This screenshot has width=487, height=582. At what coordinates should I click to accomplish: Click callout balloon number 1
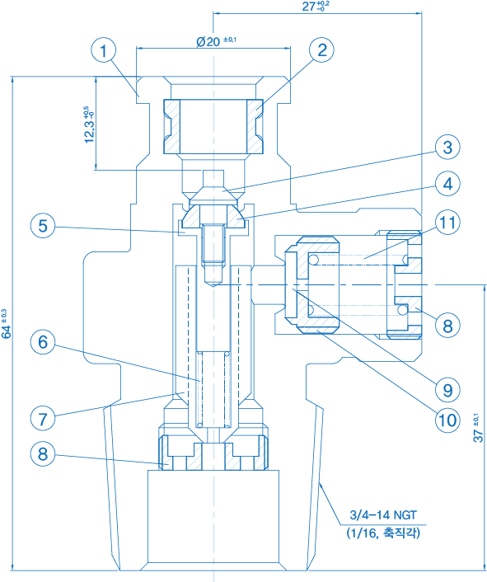(104, 50)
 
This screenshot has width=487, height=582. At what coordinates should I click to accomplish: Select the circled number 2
(321, 49)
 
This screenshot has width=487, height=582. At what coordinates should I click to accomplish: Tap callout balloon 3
(447, 147)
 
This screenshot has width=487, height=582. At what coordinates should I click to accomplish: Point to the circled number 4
(447, 183)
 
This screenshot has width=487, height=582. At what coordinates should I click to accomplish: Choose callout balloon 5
(43, 226)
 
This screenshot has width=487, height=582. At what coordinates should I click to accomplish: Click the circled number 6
(43, 341)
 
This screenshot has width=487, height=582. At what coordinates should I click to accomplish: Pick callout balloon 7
(43, 418)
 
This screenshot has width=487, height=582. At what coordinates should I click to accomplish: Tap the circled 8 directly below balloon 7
(43, 453)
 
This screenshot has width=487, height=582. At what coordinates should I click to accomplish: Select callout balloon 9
(447, 390)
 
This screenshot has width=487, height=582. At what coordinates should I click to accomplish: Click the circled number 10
(447, 420)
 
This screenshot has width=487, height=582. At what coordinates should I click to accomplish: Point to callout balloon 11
(447, 223)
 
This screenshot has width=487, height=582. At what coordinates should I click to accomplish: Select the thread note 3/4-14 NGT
(383, 515)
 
